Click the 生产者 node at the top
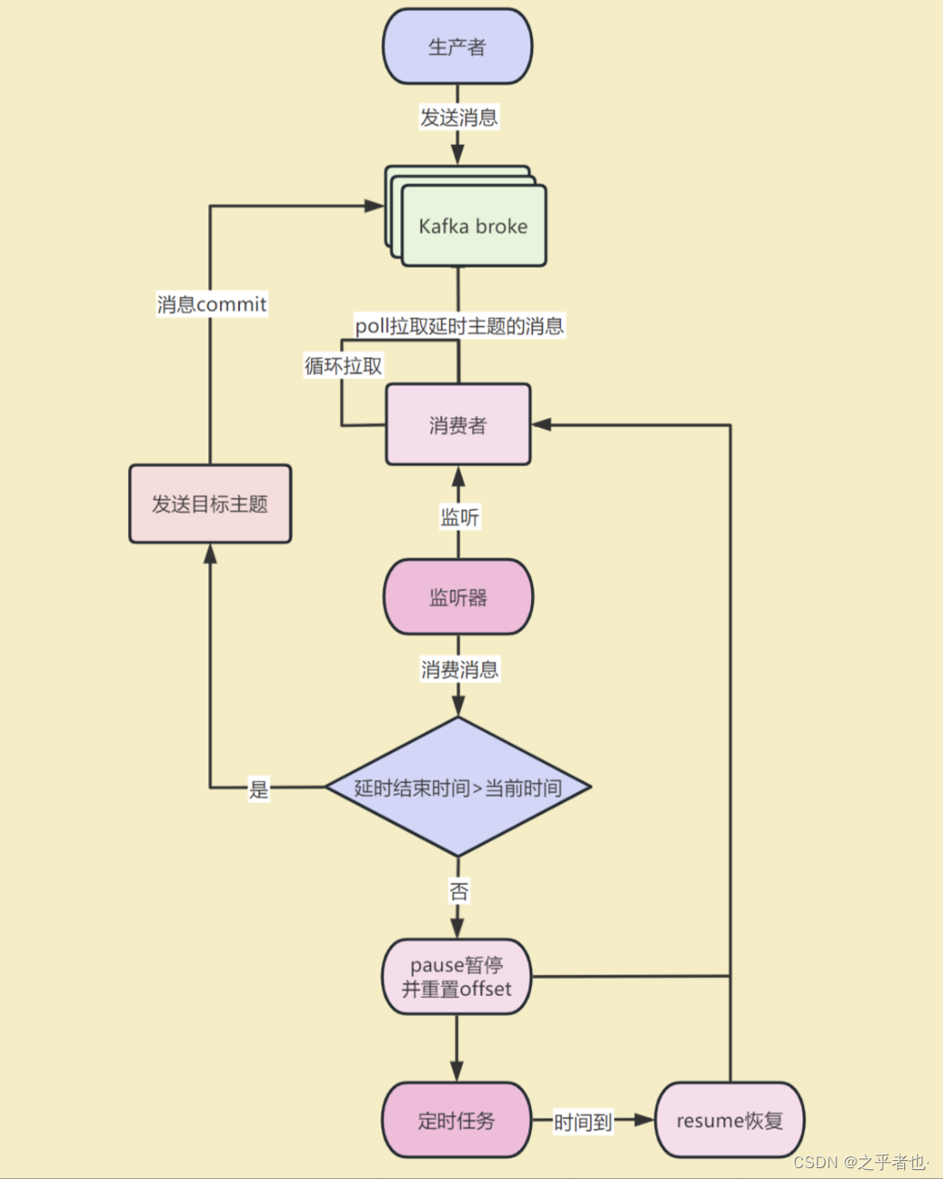457,47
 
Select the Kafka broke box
473,226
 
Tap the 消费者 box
458,425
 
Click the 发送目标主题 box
210,504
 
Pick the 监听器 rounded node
458,597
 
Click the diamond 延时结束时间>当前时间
458,787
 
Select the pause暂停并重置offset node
456,977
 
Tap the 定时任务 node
456,1120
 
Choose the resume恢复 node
729,1120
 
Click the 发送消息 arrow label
459,117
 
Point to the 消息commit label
212,304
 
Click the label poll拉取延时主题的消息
459,325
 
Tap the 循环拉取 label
343,365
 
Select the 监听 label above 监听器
460,516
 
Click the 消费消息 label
460,669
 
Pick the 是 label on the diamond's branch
259,790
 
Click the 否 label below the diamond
459,891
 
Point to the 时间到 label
582,1122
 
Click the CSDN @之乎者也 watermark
860,1162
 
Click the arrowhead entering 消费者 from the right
541,425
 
